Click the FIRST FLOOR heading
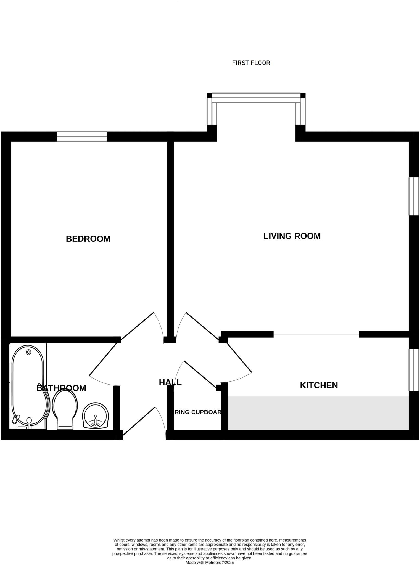coord(251,63)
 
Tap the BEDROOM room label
coord(88,239)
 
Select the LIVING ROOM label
coord(292,236)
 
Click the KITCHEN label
coord(319,385)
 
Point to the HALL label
coord(170,382)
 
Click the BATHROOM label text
coord(61,388)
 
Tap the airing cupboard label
coord(197,412)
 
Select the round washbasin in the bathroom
coord(96,415)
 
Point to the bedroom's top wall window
coord(82,137)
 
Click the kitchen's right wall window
coord(414,370)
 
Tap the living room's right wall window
coord(414,196)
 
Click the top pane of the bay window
coord(256,98)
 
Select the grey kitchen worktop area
coord(318,413)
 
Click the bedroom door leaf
coord(137,326)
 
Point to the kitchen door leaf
coord(239,358)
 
